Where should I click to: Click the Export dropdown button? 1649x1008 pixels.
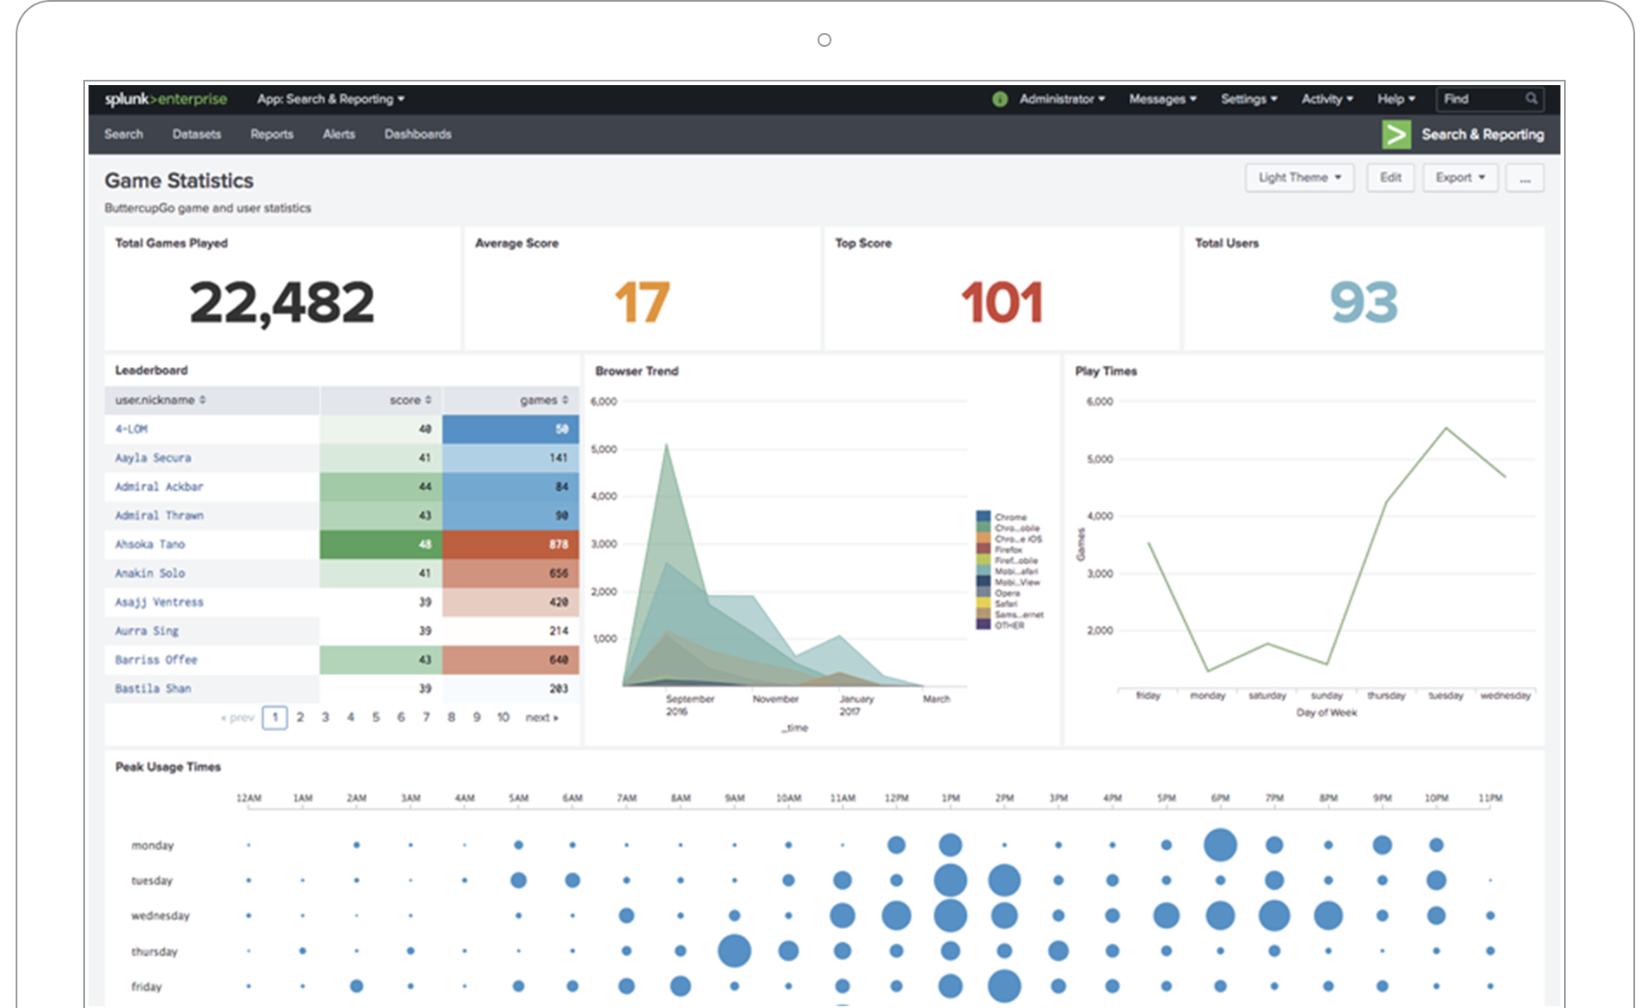[x=1460, y=178]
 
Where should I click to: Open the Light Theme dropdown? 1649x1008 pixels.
[x=1299, y=178]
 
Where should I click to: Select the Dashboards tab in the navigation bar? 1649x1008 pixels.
[x=417, y=134]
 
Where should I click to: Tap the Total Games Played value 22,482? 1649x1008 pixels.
[x=282, y=303]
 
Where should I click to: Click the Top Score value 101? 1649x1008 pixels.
[x=1002, y=303]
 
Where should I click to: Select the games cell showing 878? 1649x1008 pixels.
[x=510, y=545]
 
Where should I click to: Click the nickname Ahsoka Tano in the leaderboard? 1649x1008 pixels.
[x=150, y=545]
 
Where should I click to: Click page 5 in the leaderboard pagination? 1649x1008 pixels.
[x=376, y=717]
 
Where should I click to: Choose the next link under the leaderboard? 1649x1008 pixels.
[x=541, y=717]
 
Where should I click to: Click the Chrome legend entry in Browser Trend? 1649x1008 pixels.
[x=1009, y=517]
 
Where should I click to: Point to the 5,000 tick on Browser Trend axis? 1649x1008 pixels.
[x=603, y=449]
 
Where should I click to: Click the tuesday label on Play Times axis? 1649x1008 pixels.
[x=1445, y=696]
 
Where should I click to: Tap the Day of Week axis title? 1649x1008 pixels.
[x=1326, y=713]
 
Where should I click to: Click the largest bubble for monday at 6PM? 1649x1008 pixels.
[x=1219, y=845]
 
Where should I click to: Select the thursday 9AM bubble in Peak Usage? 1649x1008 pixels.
[x=734, y=951]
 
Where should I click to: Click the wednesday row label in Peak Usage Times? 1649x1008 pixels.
[x=160, y=916]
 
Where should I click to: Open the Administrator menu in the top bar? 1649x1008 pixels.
[x=1061, y=99]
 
